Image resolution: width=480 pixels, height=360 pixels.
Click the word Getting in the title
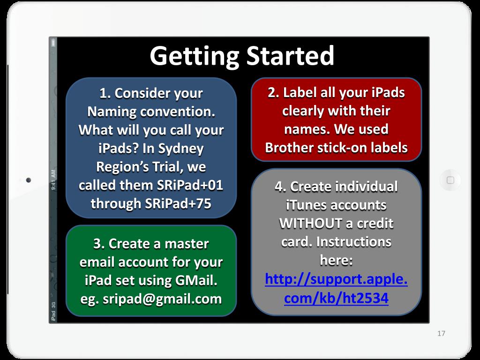[x=194, y=57]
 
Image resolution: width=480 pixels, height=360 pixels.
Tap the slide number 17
[x=441, y=333]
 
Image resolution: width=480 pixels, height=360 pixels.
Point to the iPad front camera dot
[x=29, y=180]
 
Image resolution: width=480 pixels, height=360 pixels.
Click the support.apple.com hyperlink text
[x=336, y=289]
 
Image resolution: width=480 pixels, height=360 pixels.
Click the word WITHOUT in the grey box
[x=310, y=224]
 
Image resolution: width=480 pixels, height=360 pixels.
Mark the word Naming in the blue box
[x=108, y=112]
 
